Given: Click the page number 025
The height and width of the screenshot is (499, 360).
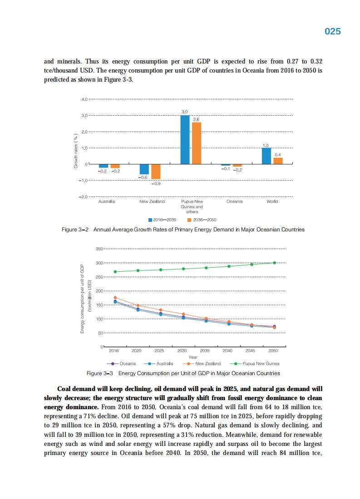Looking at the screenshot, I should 333,31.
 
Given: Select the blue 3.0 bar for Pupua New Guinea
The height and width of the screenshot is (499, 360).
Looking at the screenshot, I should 185,139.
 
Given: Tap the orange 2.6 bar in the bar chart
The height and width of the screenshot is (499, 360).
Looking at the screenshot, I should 196,143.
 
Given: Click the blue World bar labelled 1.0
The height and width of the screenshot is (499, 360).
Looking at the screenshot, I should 266,156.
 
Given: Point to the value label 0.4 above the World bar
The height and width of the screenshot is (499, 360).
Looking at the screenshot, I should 278,155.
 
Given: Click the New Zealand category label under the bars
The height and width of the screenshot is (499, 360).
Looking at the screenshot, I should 152,201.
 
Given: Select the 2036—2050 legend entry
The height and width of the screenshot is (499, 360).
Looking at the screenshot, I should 202,220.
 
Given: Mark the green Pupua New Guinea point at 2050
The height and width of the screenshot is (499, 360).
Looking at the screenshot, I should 274,263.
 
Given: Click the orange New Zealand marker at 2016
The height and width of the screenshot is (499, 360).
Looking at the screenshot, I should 115,298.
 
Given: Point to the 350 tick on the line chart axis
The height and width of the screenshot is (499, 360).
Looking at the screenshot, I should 99,249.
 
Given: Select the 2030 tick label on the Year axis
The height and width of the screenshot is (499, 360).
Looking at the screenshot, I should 182,351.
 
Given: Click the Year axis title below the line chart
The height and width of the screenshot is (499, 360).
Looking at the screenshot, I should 192,357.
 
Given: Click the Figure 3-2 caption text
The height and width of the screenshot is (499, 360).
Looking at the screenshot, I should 183,230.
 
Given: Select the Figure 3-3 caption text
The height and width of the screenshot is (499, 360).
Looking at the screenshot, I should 183,373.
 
